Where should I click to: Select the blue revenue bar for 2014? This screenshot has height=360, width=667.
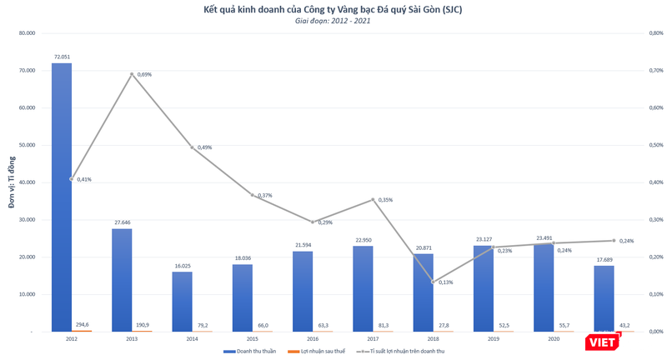pyautogui.click(x=182, y=301)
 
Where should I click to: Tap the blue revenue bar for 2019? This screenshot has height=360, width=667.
pyautogui.click(x=484, y=287)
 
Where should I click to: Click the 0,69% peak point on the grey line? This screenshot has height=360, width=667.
pyautogui.click(x=132, y=74)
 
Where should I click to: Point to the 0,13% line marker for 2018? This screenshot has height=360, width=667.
pyautogui.click(x=434, y=282)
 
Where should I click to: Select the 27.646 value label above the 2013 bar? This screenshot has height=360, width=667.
pyautogui.click(x=122, y=223)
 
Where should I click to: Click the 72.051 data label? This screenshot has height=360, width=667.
pyautogui.click(x=62, y=57)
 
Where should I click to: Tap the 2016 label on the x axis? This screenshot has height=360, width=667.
pyautogui.click(x=313, y=339)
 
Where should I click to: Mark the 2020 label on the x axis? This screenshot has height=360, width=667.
pyautogui.click(x=554, y=339)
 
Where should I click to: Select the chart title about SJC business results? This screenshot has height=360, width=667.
pyautogui.click(x=333, y=9)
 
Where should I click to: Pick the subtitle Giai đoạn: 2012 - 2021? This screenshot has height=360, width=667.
pyautogui.click(x=333, y=21)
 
